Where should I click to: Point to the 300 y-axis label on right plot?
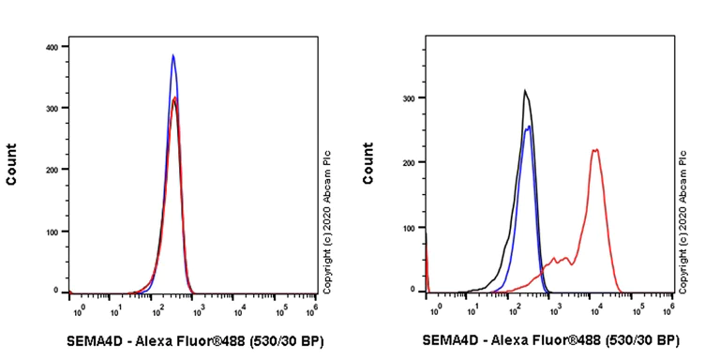(409, 97)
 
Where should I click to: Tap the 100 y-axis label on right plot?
(409, 228)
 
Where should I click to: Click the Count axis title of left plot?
(12, 163)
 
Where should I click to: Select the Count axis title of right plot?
(367, 163)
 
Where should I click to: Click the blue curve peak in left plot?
(172, 55)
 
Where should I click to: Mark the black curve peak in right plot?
(525, 91)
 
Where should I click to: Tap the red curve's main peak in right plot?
(594, 150)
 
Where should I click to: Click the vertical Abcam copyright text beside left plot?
(328, 219)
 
